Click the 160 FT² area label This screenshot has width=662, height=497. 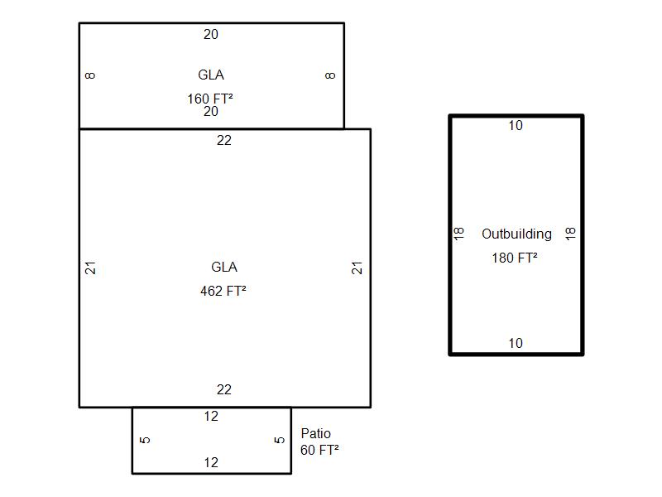coord(210,99)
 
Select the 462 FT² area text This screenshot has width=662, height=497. coord(223,292)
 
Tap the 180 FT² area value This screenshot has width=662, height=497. coord(515,258)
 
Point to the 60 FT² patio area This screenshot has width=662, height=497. coord(319,450)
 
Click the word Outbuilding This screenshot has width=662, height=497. coord(516,234)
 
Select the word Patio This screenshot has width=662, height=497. coord(316,433)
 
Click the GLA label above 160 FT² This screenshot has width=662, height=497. coord(211,75)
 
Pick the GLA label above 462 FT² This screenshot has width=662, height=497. coord(224,267)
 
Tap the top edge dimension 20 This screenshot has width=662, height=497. coord(211,34)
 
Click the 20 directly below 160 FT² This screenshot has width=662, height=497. coord(211,112)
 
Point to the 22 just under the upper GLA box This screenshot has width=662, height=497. coord(224,140)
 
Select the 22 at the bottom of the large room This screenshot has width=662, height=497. coord(224,389)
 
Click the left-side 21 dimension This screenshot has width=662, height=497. coord(90,268)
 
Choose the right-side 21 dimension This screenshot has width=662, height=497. coord(357,268)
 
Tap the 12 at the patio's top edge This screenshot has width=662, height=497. coord(211,417)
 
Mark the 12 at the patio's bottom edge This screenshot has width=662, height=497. coord(211,463)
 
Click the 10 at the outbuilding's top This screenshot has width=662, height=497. coord(516,126)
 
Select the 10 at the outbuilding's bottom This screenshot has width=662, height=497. coord(516,343)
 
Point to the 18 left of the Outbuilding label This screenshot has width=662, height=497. coord(459,234)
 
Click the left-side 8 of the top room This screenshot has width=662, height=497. coord(90,75)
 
